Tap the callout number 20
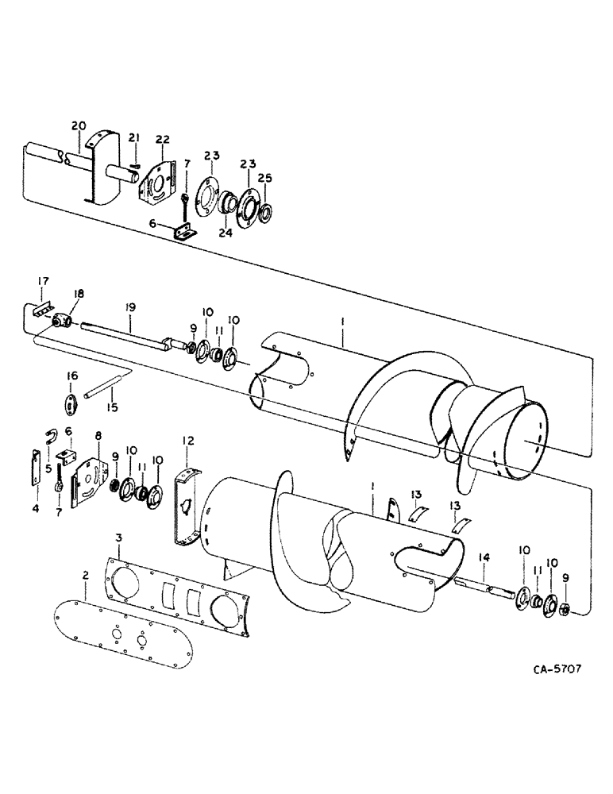79,125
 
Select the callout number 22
162,140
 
